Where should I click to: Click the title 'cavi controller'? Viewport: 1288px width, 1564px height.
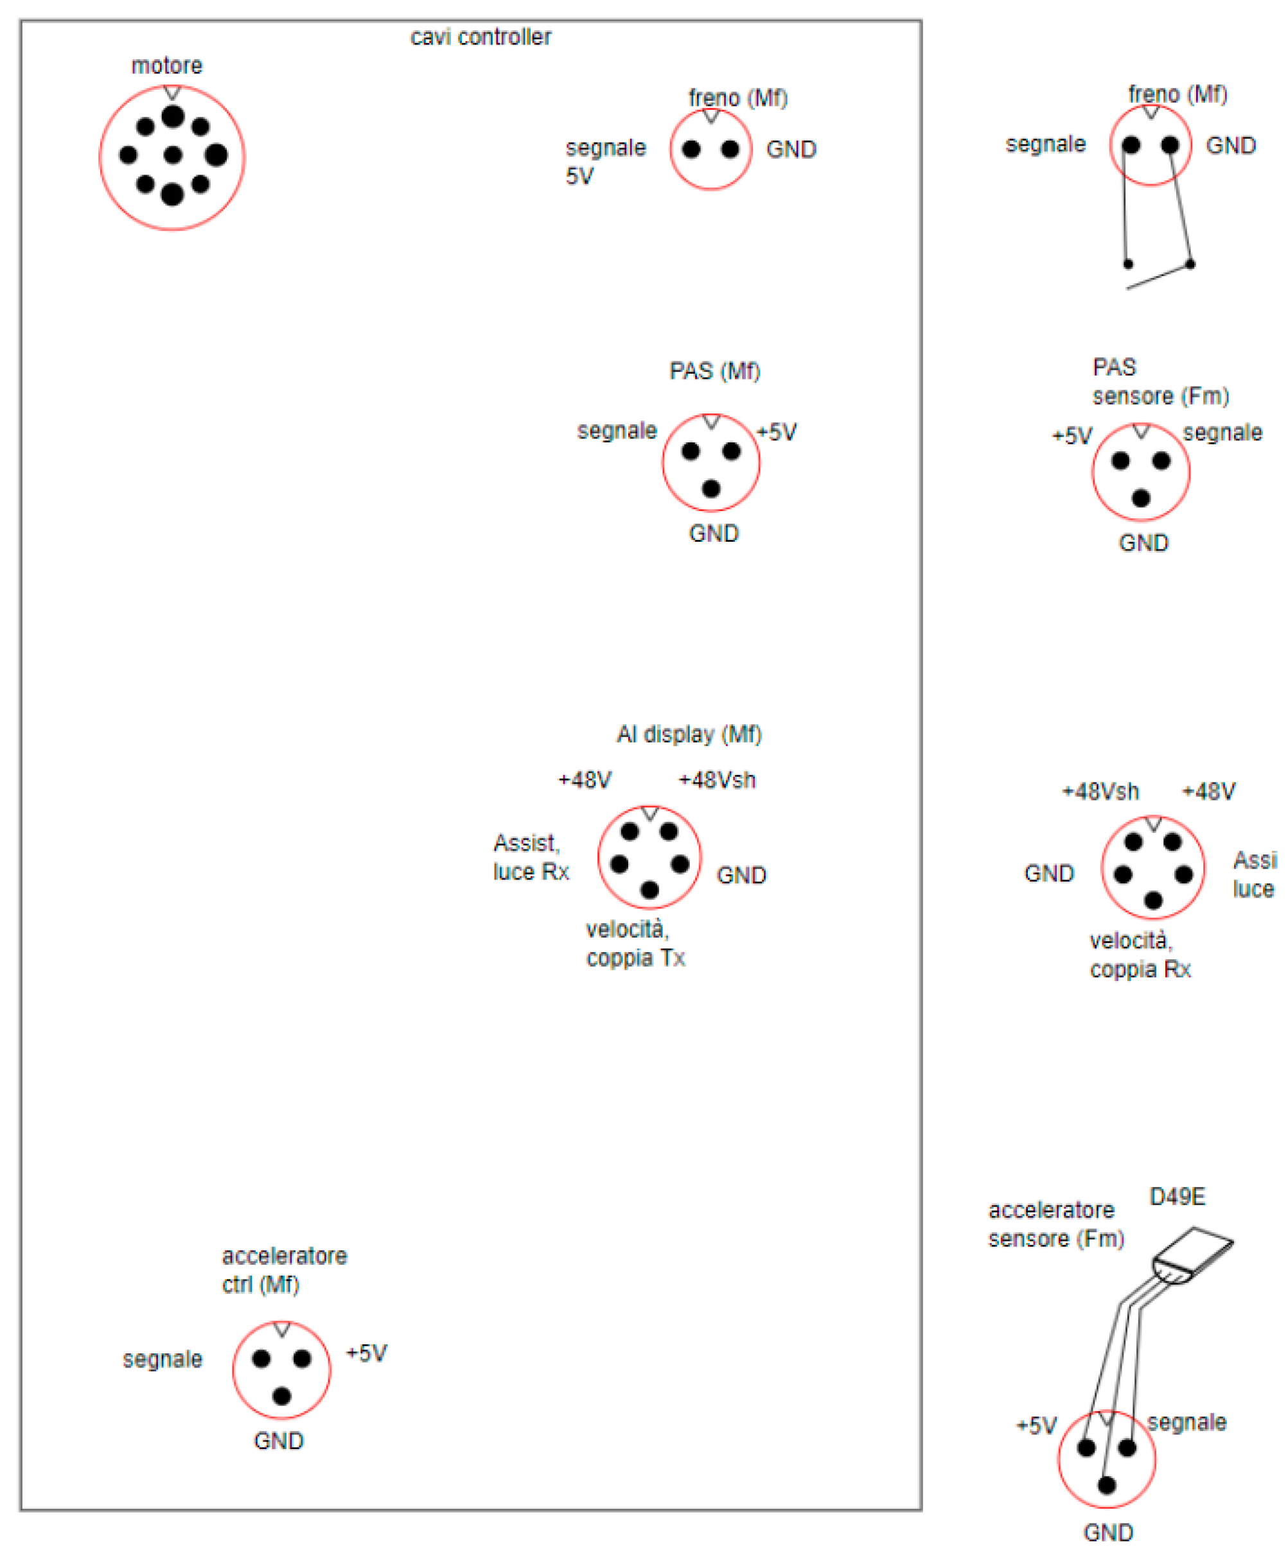[x=481, y=37]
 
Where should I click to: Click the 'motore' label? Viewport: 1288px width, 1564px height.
[x=167, y=66]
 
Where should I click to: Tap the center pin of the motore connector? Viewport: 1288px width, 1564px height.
[x=173, y=155]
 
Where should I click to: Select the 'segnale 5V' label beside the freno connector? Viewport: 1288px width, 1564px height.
[x=604, y=162]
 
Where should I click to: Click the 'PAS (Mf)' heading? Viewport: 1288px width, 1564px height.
[x=714, y=371]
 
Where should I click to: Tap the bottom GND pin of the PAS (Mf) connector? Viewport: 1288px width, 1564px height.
[x=710, y=489]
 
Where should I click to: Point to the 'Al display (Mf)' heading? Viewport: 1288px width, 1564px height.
[x=689, y=734]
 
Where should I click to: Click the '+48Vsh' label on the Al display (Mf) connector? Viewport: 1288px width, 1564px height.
[x=717, y=780]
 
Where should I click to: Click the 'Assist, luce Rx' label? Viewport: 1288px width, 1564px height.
[x=531, y=857]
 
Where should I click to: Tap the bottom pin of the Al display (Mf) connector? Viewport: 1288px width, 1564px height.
[x=649, y=890]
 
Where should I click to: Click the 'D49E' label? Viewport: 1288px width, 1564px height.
[x=1178, y=1197]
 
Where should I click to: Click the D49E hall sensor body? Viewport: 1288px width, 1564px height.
[x=1192, y=1255]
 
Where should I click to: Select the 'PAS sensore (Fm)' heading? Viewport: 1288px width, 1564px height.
[x=1160, y=382]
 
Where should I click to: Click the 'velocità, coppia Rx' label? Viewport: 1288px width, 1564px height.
[x=1140, y=955]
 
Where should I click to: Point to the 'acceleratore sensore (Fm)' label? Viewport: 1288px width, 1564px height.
[x=1055, y=1224]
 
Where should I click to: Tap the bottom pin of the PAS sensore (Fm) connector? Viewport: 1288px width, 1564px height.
[x=1141, y=498]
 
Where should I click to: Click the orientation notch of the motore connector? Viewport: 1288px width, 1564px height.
[x=172, y=92]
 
